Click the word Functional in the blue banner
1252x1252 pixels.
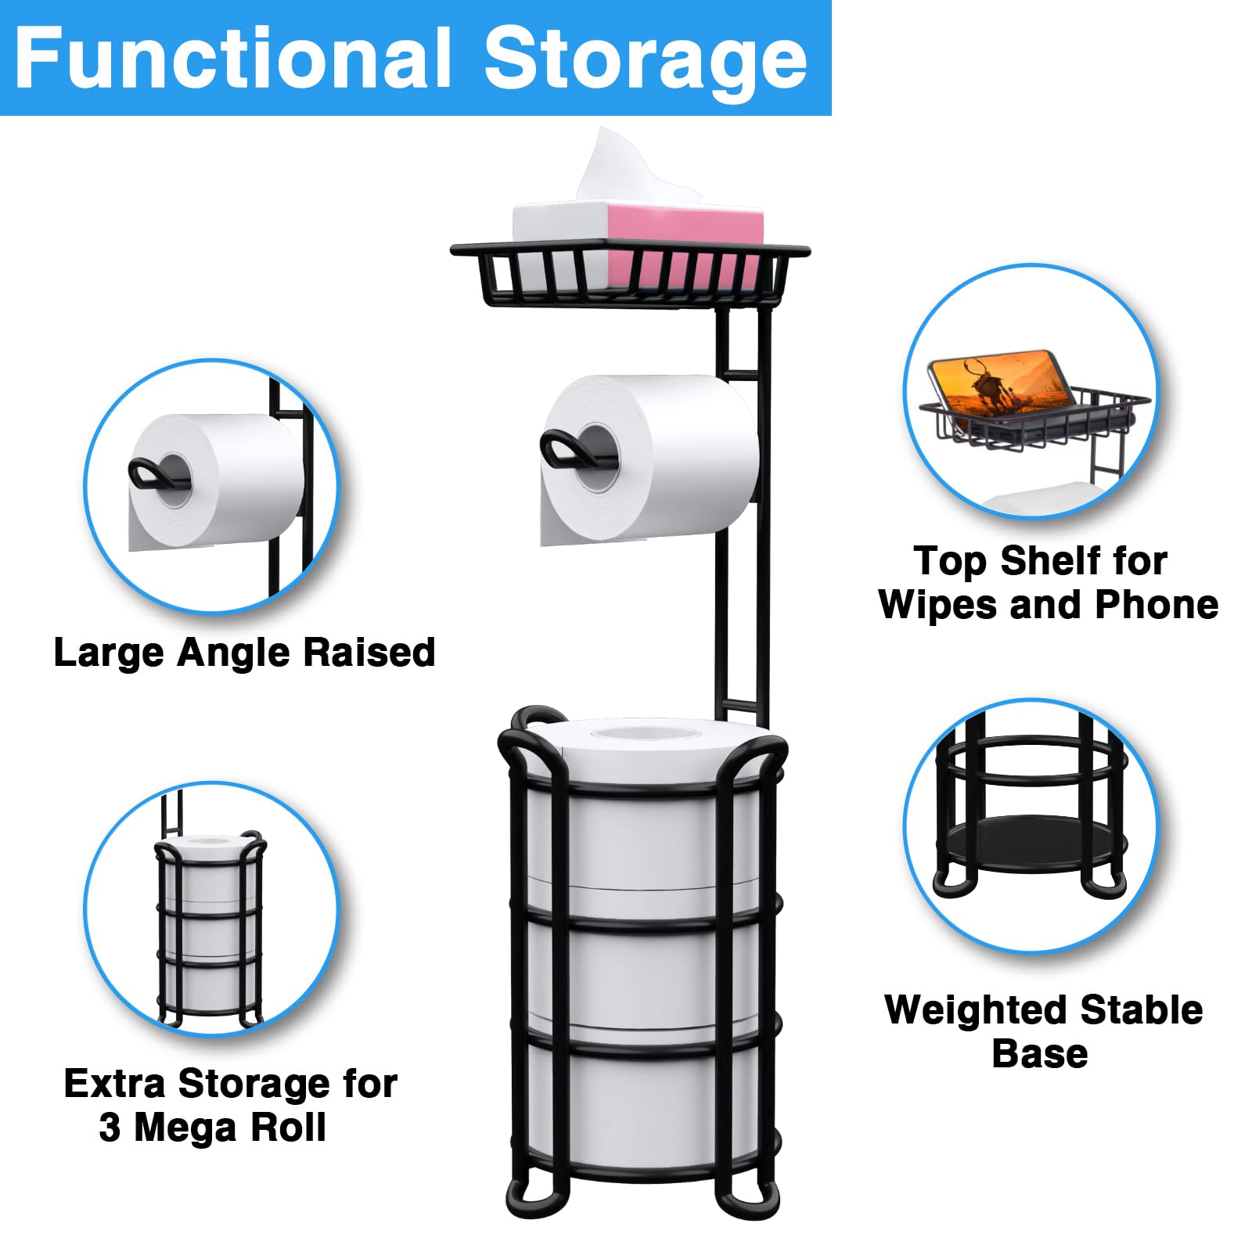[x=233, y=59]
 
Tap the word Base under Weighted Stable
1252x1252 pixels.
[x=1039, y=1054]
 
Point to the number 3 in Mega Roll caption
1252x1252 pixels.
[x=110, y=1128]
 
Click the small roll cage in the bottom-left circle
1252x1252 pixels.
[x=210, y=931]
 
